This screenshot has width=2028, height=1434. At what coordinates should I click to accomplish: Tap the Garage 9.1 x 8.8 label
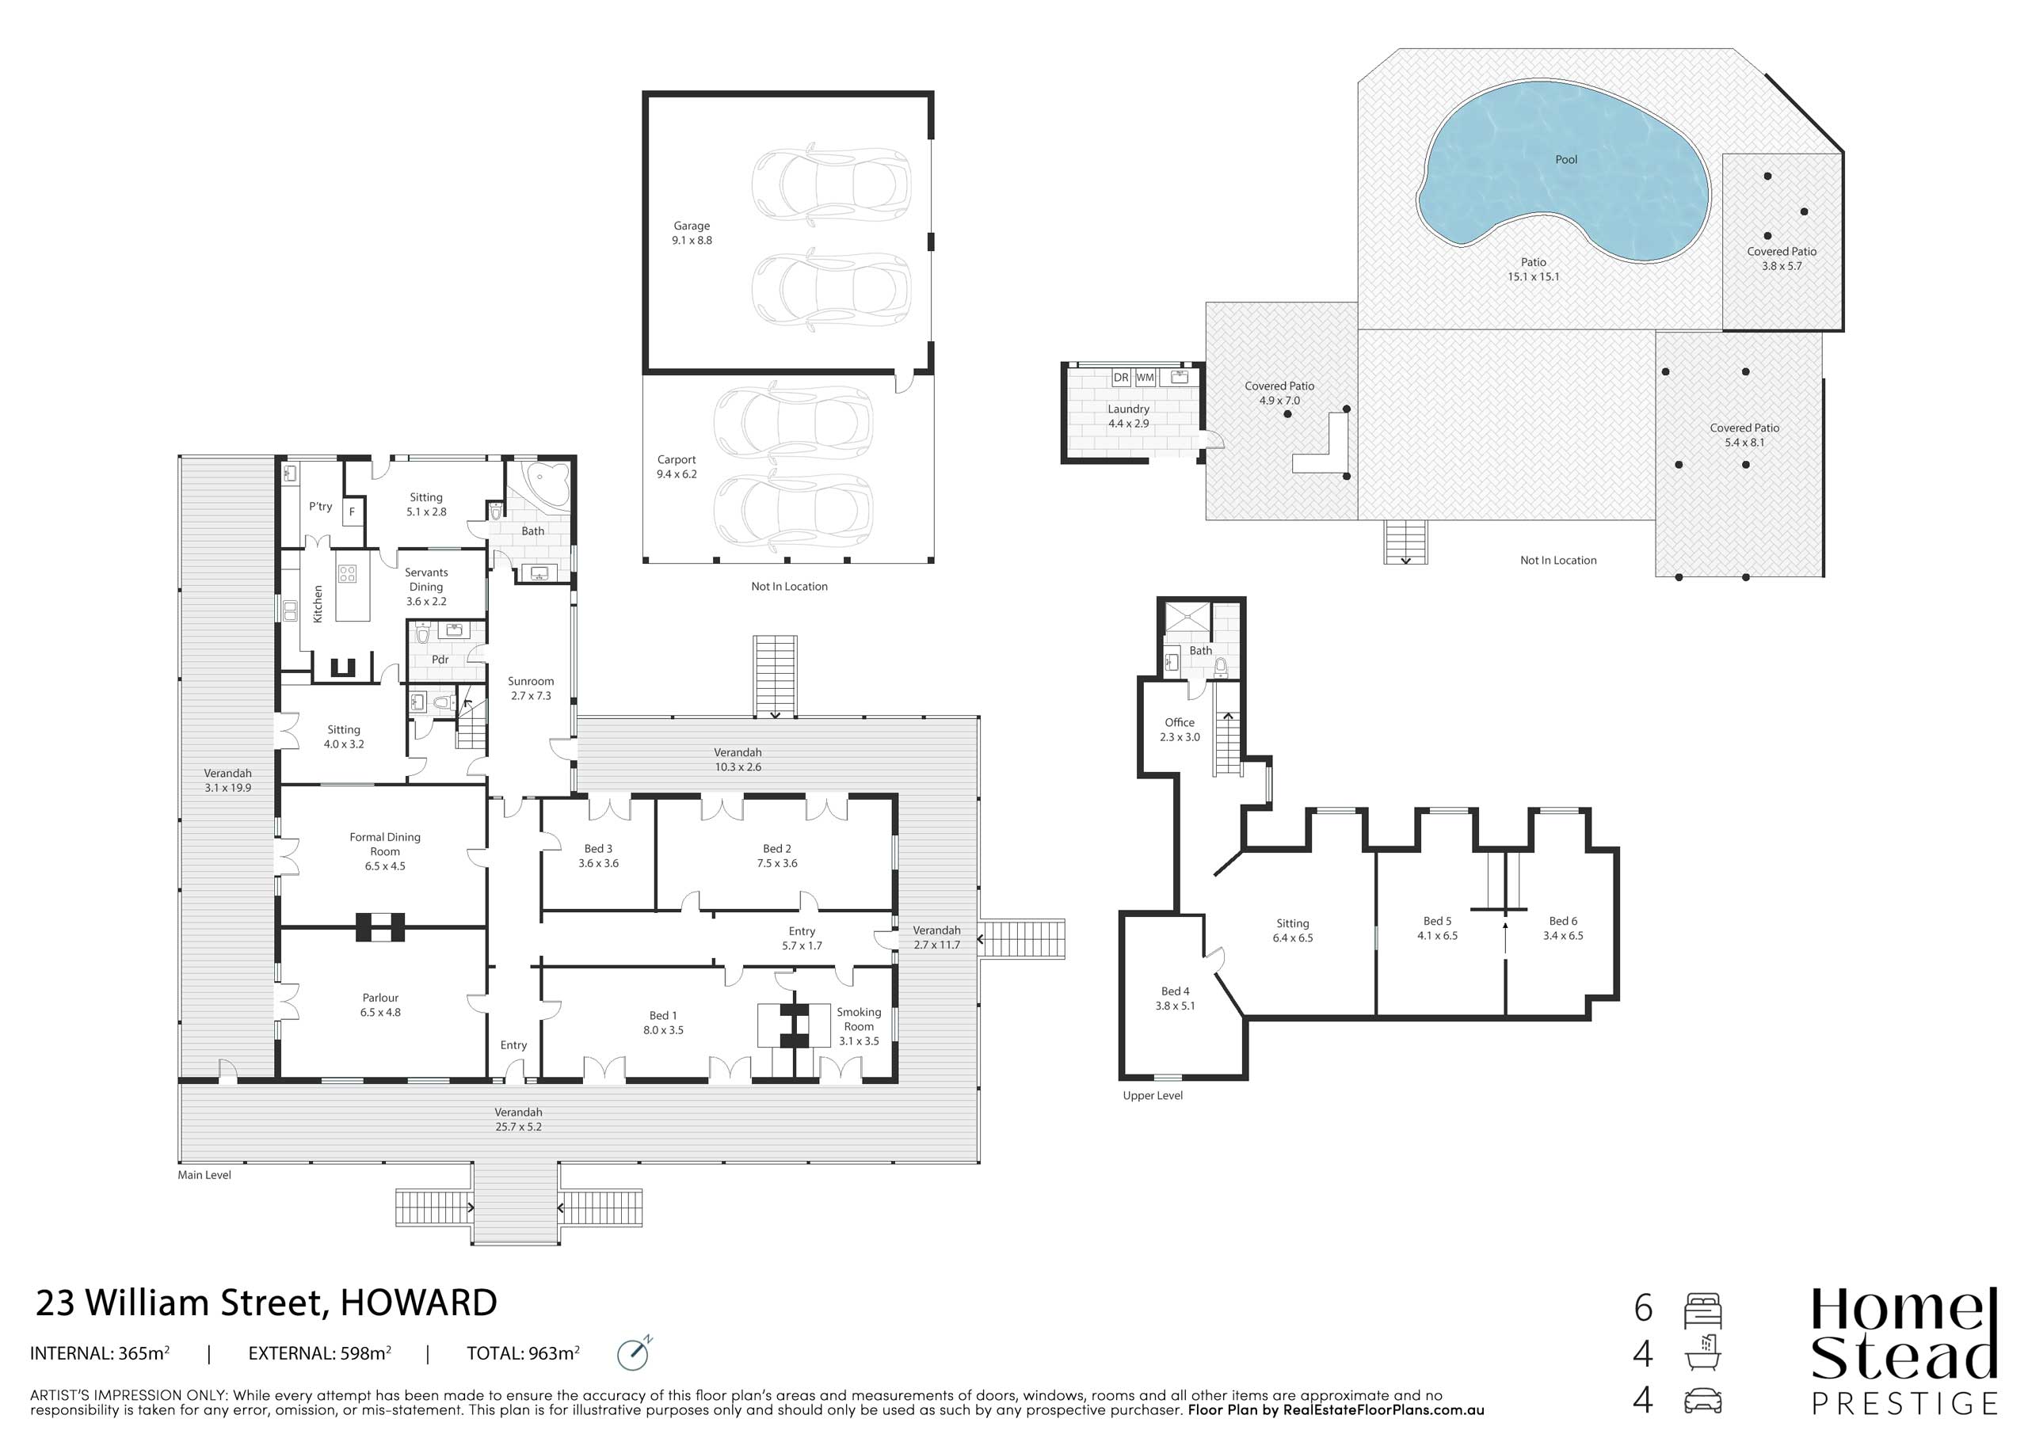[692, 233]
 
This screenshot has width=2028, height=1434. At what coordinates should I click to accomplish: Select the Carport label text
[677, 460]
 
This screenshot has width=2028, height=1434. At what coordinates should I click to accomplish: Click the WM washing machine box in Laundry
[1145, 377]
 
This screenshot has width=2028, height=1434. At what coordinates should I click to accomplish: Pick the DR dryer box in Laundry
[1121, 377]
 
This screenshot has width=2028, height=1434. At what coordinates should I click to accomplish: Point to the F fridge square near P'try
[353, 512]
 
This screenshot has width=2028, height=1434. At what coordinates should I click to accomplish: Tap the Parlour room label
[381, 998]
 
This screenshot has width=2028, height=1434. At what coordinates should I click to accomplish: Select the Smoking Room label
[859, 1019]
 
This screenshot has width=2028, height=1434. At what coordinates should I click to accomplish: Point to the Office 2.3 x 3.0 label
[1180, 729]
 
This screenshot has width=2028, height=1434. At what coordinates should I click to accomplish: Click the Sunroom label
[531, 681]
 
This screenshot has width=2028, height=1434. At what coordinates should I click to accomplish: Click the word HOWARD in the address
[419, 1303]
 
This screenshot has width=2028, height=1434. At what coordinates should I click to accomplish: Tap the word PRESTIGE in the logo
[1904, 1403]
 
